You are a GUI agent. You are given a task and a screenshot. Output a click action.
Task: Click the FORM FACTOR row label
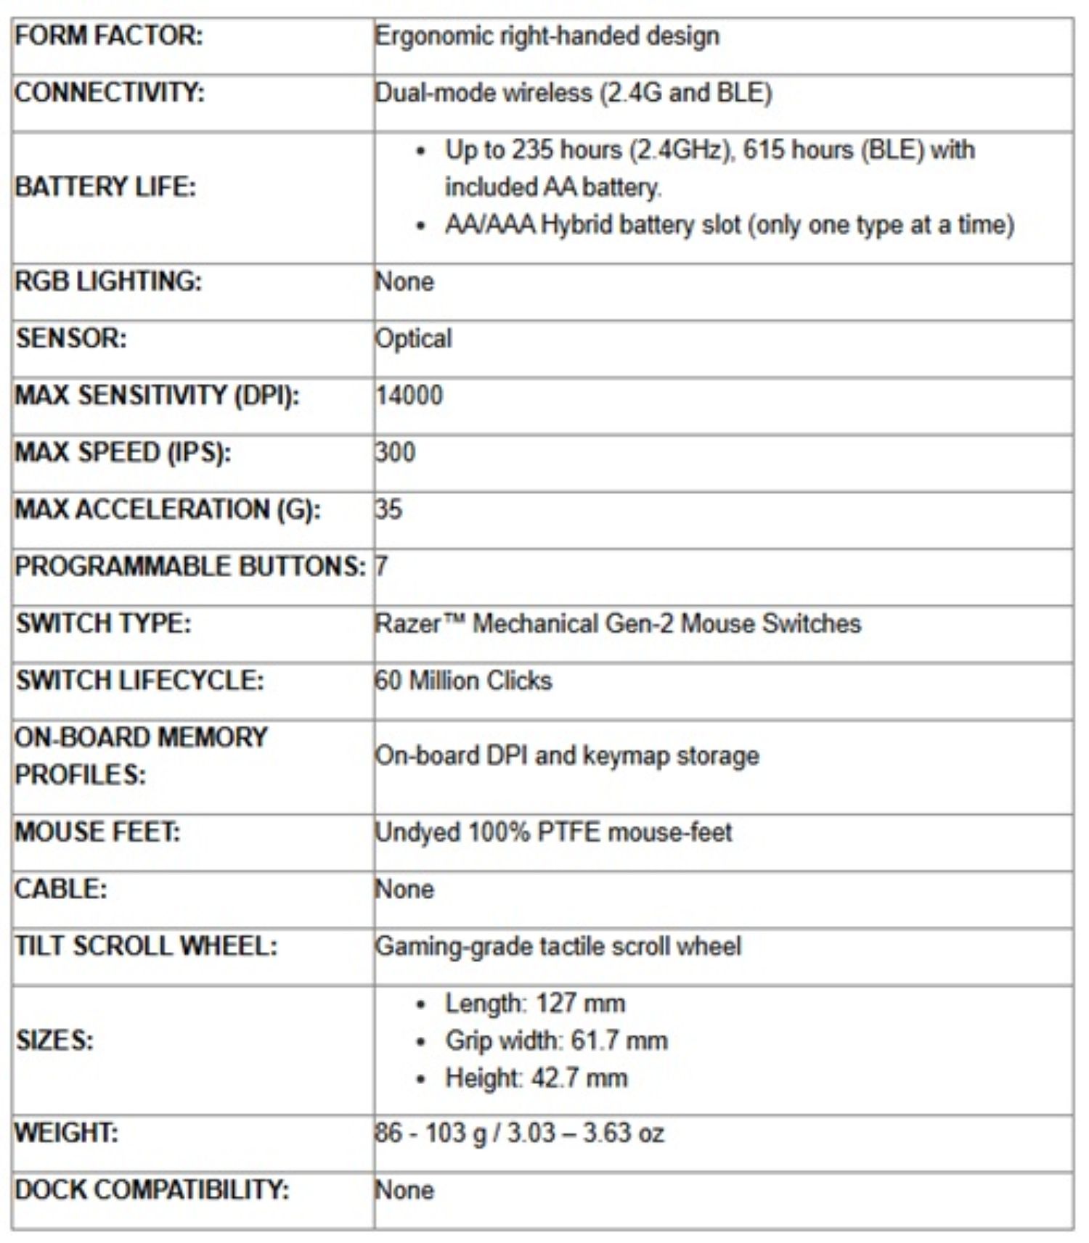(x=109, y=36)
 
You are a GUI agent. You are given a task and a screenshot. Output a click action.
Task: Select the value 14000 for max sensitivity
(x=409, y=395)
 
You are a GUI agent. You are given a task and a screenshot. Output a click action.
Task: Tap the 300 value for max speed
(x=396, y=452)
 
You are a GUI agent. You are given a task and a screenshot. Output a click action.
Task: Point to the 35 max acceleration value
(x=389, y=509)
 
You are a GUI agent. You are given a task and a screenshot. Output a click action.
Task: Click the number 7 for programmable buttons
(x=382, y=566)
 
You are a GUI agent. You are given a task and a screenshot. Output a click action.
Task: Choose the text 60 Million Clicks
(x=463, y=681)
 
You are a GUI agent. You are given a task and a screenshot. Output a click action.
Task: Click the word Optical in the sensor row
(x=414, y=339)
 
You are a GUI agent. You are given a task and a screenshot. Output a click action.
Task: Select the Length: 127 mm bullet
(x=535, y=1004)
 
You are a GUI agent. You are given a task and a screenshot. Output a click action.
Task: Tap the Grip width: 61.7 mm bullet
(x=556, y=1041)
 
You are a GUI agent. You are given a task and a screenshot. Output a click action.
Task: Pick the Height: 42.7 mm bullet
(x=537, y=1078)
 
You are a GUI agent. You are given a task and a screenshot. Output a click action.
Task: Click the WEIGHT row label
(x=67, y=1133)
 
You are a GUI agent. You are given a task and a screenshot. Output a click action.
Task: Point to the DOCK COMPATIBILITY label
(x=152, y=1190)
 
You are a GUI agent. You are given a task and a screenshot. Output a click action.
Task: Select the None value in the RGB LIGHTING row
(x=405, y=282)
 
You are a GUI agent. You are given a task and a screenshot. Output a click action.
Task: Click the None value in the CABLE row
(x=405, y=889)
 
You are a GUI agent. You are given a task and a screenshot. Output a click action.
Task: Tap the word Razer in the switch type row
(x=408, y=623)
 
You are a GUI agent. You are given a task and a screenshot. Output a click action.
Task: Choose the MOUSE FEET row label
(x=97, y=832)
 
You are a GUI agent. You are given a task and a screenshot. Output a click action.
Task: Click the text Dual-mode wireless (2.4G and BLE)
(x=574, y=93)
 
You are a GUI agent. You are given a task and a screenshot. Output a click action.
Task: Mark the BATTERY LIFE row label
(x=105, y=187)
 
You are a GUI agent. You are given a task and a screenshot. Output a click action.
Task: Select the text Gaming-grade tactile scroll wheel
(x=558, y=946)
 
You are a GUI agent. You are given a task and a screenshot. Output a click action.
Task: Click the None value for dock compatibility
(x=405, y=1190)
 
